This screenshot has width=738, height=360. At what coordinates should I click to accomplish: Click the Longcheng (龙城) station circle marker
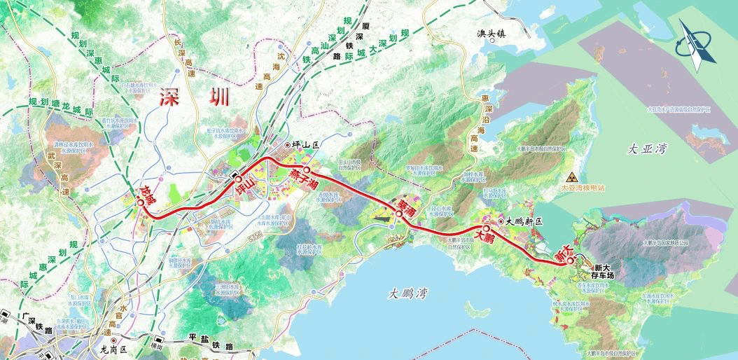(141, 202)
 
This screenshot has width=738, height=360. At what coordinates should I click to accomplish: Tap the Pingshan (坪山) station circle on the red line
(238, 178)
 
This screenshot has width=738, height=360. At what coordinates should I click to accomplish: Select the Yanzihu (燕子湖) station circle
(306, 169)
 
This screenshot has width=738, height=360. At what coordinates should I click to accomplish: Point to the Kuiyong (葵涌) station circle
(398, 214)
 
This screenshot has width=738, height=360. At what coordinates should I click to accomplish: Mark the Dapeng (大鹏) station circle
(485, 228)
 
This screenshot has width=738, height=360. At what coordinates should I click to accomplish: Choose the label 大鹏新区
(525, 221)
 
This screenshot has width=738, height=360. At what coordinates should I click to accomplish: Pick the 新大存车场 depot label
(604, 272)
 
